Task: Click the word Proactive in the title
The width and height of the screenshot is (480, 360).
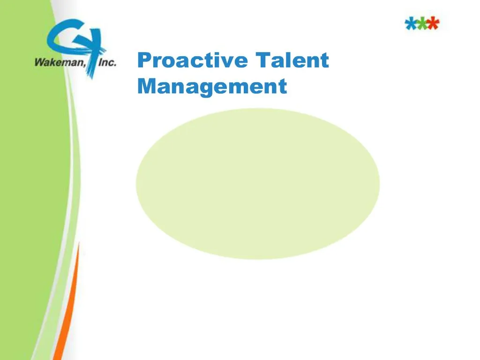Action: point(193,61)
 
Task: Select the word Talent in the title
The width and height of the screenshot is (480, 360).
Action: point(292,61)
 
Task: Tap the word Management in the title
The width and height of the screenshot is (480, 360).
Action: point(212,87)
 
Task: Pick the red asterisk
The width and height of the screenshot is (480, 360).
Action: point(434,23)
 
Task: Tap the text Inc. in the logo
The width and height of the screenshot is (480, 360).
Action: point(107,61)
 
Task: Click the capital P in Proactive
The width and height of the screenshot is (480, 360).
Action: point(144,61)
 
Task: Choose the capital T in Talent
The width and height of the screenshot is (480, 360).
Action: point(263,61)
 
